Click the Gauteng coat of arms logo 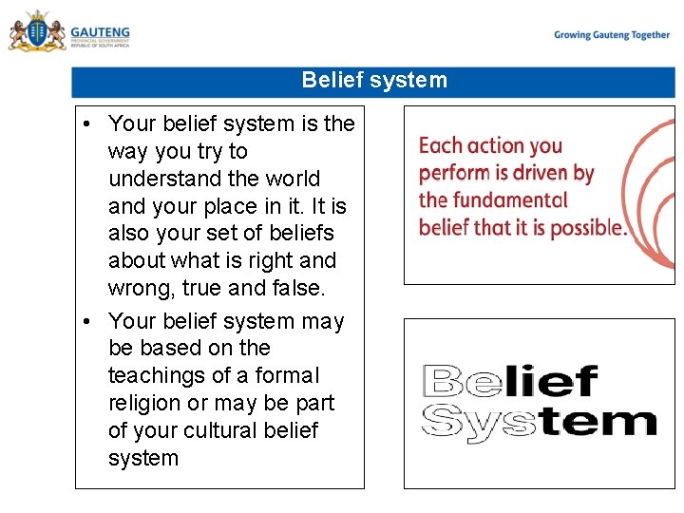point(36,32)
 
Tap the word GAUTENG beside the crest point(100,31)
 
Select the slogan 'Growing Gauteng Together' point(612,35)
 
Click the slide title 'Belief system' point(373,80)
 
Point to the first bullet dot point(86,124)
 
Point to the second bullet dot point(86,322)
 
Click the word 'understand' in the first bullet point(160,179)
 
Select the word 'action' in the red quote point(492,146)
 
